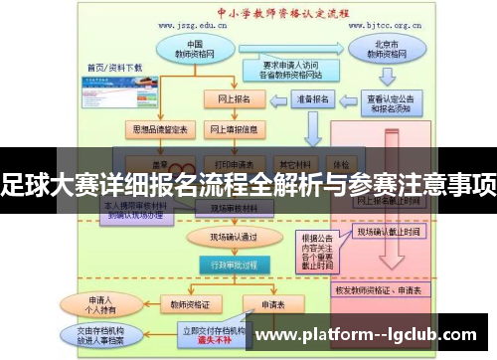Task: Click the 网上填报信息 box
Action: (233, 129)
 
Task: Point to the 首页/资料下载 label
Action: (112, 67)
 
